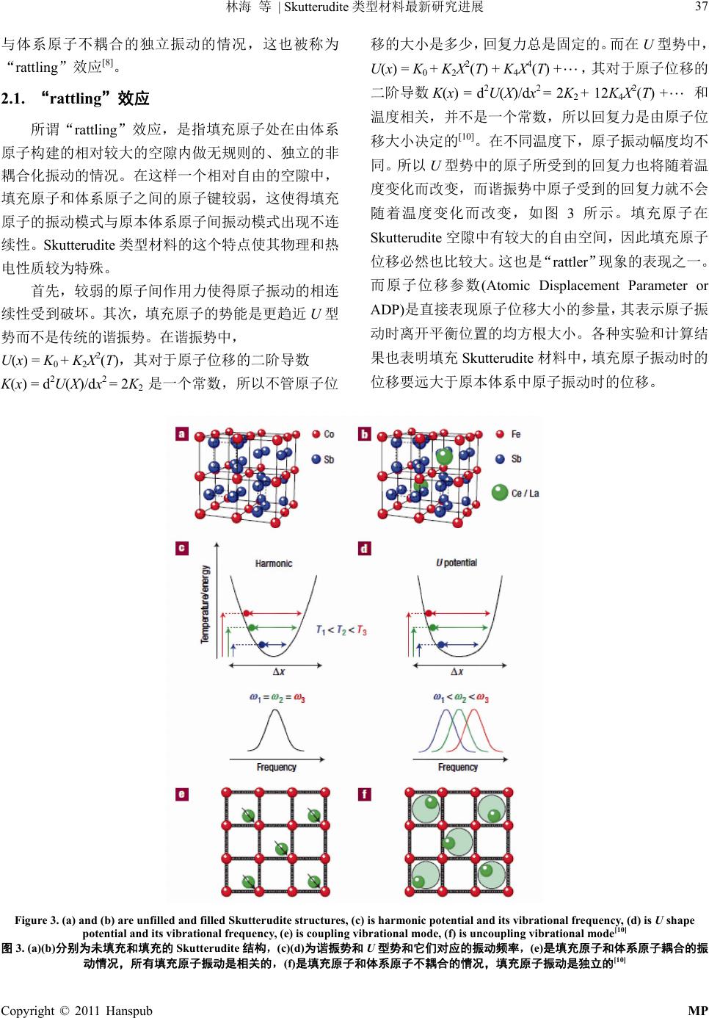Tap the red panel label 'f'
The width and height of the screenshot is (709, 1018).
pos(365,795)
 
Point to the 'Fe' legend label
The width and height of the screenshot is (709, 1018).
pos(516,435)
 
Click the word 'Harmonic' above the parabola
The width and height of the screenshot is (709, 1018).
pos(273,563)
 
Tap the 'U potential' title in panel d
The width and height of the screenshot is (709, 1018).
pos(456,563)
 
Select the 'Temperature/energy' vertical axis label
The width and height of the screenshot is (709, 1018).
pos(206,604)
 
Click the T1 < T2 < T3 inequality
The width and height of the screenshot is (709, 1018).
pos(341,630)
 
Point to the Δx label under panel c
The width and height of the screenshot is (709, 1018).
pos(280,671)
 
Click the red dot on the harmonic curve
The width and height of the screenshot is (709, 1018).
pos(247,611)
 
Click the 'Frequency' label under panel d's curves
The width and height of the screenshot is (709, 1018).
pos(458,767)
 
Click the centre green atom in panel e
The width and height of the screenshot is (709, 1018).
pos(280,848)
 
